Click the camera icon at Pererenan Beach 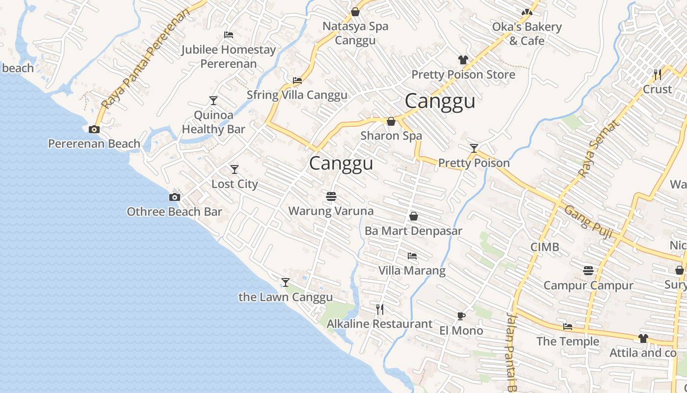94,130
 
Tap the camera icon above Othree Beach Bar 174,197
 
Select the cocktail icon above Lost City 235,169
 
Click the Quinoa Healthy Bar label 213,122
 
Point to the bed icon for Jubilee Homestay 228,35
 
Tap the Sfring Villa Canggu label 297,95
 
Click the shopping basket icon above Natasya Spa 355,12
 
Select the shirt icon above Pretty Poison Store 463,60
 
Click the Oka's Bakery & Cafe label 527,34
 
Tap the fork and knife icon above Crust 658,75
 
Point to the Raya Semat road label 600,148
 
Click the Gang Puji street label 588,222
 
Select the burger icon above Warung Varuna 331,197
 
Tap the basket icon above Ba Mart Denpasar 414,216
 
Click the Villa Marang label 412,271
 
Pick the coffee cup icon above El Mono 461,316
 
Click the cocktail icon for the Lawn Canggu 286,282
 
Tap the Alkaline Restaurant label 379,324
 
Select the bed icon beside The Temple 568,327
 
